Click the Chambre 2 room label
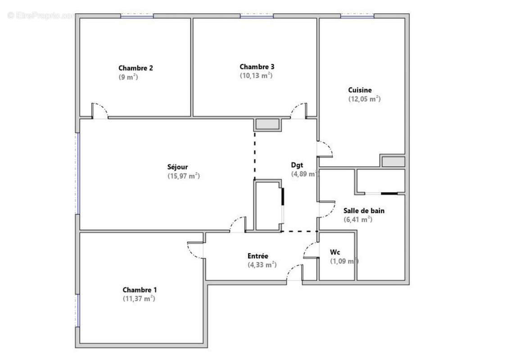point(136,68)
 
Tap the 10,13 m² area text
point(256,76)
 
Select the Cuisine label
point(360,90)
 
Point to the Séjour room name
point(178,167)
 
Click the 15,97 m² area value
point(183,176)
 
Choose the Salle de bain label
point(364,210)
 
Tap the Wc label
point(335,252)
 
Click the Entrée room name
point(258,256)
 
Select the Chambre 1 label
point(140,290)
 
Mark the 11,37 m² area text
point(139,298)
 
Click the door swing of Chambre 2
point(100,110)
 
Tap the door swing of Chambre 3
point(298,110)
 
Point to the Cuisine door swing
point(325,149)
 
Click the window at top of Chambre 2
point(136,16)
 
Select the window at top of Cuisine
point(357,16)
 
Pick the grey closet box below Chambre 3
point(267,124)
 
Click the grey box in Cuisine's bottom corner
point(393,161)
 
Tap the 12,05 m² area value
point(364,99)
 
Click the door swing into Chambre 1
point(196,250)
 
